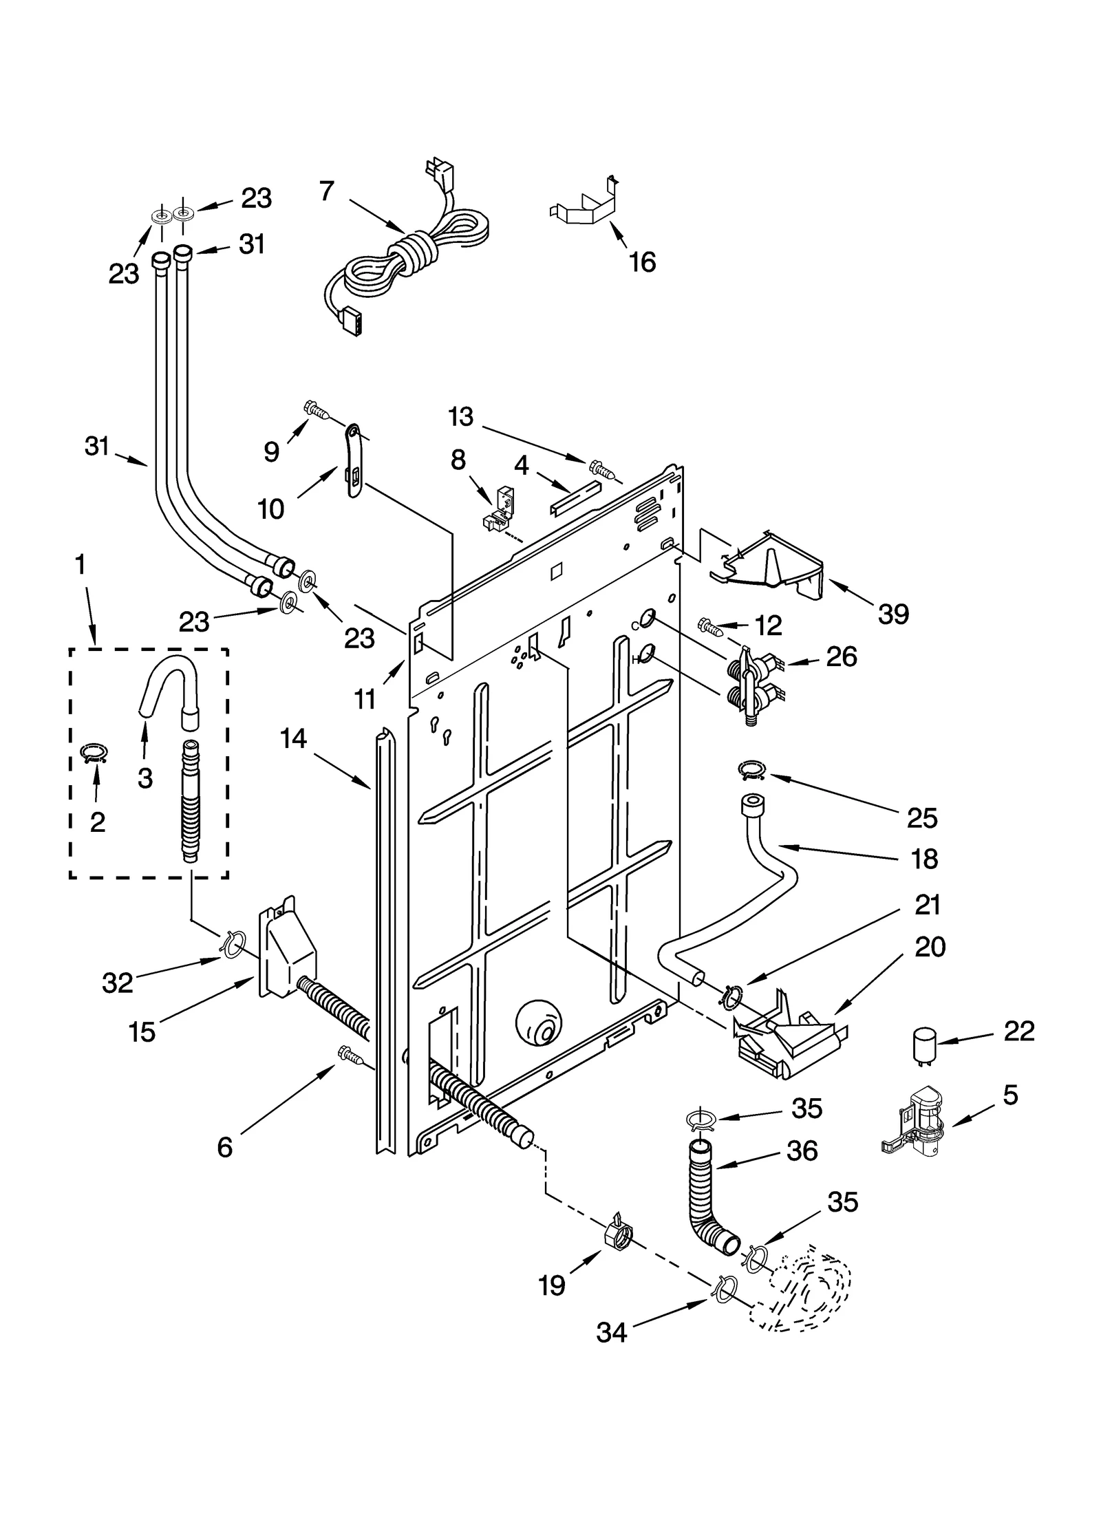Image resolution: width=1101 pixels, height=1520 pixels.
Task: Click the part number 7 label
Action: (327, 191)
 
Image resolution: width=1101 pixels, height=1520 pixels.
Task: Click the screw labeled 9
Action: (316, 411)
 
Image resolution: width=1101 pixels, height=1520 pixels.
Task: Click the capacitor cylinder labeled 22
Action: (923, 1050)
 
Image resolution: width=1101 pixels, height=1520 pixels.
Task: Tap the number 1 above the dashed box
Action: (81, 564)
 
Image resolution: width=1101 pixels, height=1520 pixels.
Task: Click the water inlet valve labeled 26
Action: (753, 685)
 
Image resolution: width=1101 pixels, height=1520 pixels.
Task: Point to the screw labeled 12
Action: (709, 625)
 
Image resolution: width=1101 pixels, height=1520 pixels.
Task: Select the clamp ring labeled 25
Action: (752, 771)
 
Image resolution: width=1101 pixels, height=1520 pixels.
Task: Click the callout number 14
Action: (293, 738)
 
